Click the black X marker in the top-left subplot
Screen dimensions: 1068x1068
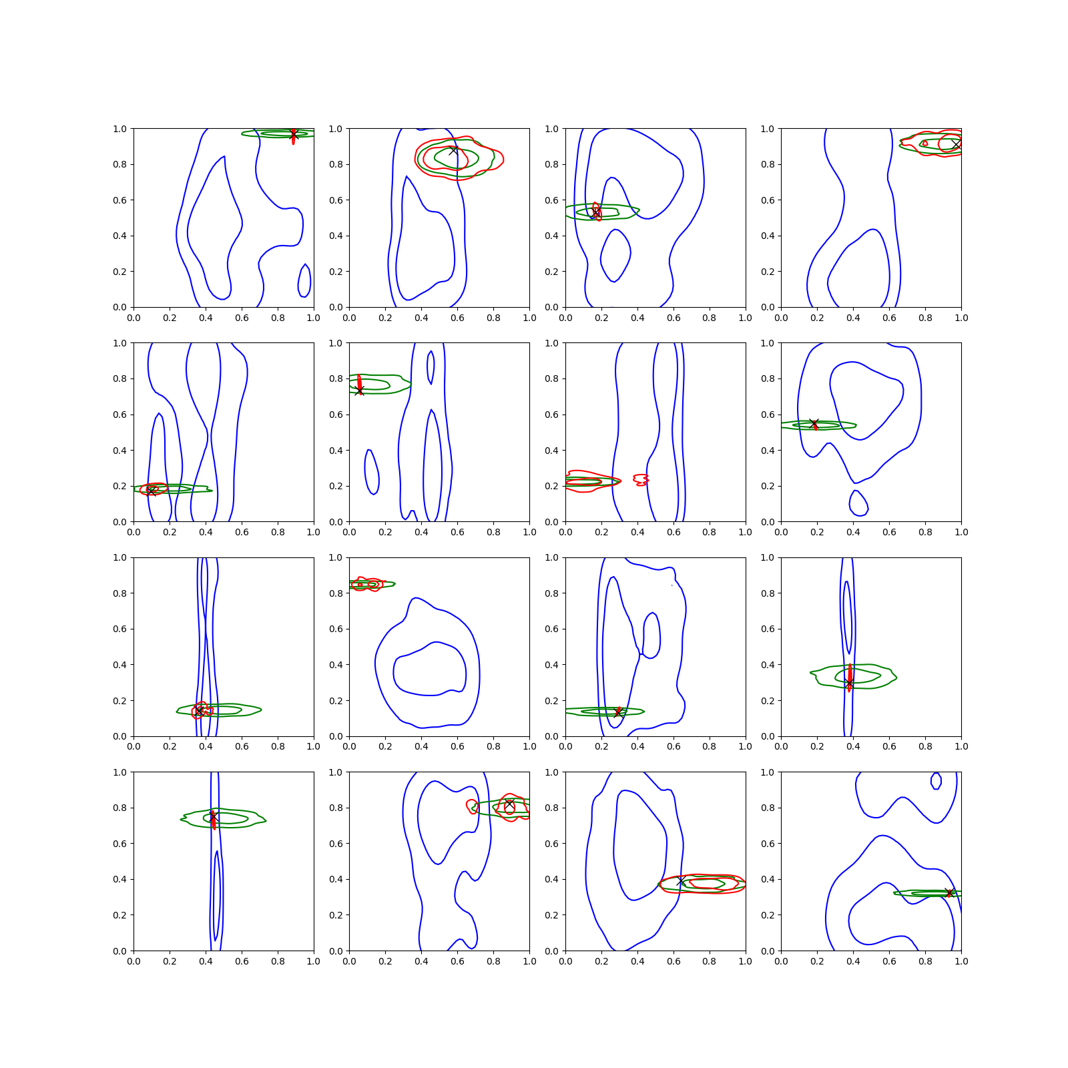293,135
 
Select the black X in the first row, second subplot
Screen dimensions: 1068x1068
453,150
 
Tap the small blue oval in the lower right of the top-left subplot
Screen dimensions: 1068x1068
304,280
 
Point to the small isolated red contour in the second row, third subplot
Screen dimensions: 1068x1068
641,479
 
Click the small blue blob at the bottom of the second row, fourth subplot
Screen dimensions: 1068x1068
858,503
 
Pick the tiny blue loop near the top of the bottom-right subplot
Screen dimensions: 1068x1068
936,780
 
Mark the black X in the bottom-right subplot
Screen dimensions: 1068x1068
949,893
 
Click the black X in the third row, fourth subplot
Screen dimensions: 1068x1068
849,684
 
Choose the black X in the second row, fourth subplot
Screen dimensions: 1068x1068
814,424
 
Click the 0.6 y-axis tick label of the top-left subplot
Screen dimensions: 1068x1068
119,200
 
